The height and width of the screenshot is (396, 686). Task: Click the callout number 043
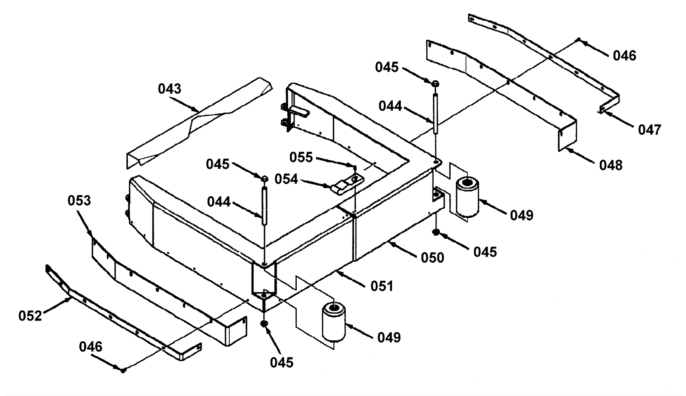coord(170,89)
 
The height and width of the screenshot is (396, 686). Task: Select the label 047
coord(650,129)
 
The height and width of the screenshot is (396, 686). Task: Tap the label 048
coord(611,165)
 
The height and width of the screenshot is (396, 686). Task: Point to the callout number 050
coord(432,258)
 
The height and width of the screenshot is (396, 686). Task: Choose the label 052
coord(30,316)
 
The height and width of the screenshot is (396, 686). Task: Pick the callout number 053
coord(79,201)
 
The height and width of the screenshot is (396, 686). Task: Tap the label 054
coord(286,179)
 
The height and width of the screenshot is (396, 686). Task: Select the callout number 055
coord(301,157)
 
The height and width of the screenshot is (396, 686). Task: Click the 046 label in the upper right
coord(624,56)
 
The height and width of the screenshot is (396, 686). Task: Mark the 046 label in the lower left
coord(90,346)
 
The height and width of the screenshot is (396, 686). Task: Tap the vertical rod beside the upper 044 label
coord(435,114)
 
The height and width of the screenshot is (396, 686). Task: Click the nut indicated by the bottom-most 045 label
coord(265,324)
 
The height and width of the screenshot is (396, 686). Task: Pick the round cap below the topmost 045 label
coord(435,83)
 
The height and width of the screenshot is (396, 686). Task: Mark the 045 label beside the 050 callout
coord(485,252)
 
